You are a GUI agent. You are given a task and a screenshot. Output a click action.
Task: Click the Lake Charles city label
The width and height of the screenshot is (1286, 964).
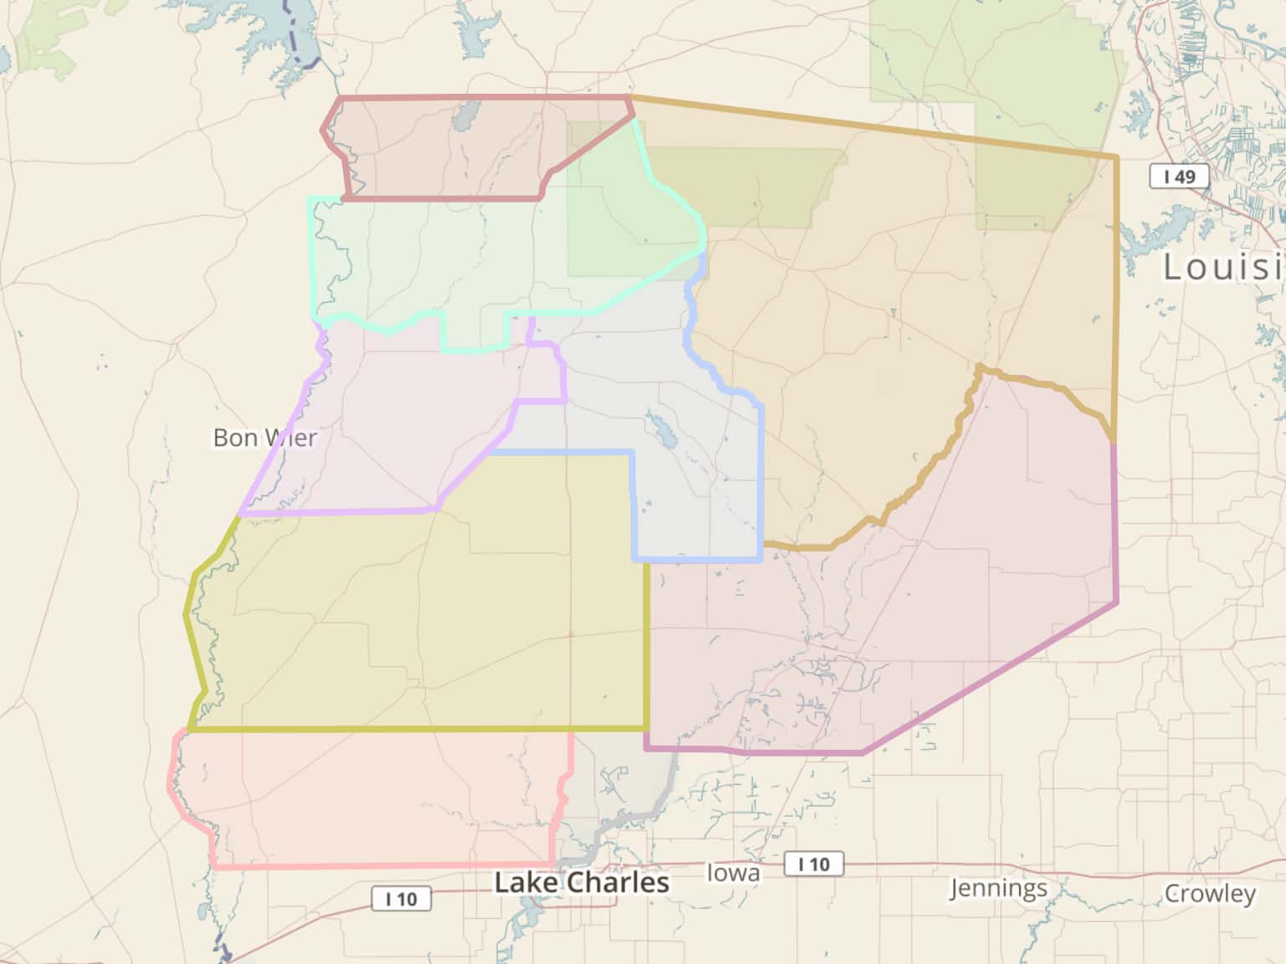coord(582,882)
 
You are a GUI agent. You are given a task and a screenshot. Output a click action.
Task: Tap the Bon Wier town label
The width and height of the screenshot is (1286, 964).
coord(265,437)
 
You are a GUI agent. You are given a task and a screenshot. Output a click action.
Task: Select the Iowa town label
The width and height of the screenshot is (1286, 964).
coord(733,873)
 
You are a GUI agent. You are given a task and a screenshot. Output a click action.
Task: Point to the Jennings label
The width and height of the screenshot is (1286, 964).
coord(998,888)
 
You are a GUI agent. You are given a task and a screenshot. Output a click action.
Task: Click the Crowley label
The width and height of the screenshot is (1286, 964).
coord(1209,894)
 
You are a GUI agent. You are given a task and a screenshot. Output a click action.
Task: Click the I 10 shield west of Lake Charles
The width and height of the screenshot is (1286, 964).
coord(401,899)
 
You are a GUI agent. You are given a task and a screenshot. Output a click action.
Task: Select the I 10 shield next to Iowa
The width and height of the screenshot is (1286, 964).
coord(813,864)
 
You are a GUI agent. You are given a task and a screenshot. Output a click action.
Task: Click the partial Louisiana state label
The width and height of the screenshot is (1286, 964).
coord(1222,266)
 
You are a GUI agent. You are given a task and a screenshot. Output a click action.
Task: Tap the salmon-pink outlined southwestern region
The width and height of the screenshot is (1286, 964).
coord(368,795)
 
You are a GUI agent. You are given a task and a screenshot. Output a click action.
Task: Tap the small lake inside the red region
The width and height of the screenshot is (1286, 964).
coord(466,116)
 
